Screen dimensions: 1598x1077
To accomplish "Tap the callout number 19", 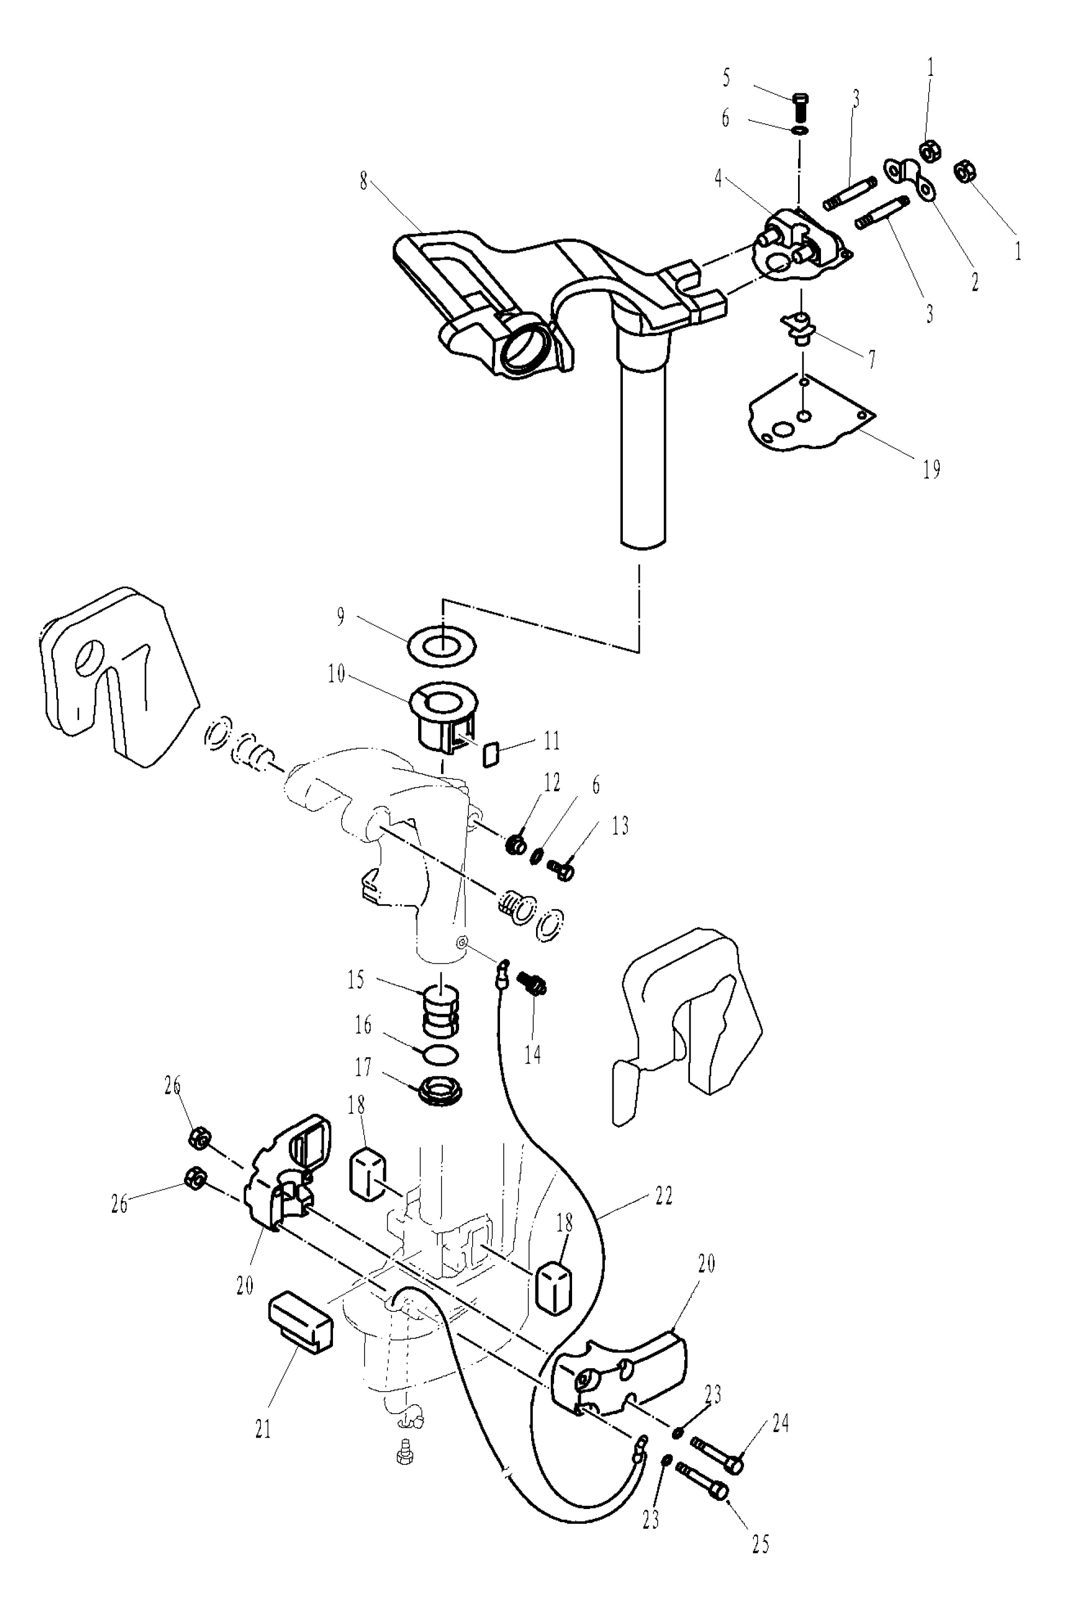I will coord(931,470).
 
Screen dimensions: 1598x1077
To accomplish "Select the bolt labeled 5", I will coord(800,106).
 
